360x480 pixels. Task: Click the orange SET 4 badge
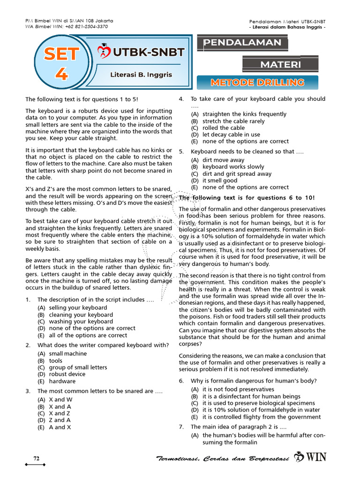tap(60, 64)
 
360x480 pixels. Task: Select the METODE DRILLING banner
tap(257, 82)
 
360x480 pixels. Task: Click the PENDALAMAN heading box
tap(242, 43)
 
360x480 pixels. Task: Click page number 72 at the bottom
tap(36, 458)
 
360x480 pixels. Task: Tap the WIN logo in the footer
tap(310, 457)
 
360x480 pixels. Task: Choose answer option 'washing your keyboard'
tap(81, 322)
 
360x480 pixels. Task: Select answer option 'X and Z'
tap(60, 413)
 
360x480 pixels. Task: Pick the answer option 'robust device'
tap(67, 374)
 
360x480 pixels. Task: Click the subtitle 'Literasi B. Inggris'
tap(141, 75)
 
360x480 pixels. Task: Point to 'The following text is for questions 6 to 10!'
tap(247, 198)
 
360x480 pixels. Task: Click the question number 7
tap(181, 427)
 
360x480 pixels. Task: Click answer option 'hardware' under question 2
tap(62, 381)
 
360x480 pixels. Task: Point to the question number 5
tap(181, 151)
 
